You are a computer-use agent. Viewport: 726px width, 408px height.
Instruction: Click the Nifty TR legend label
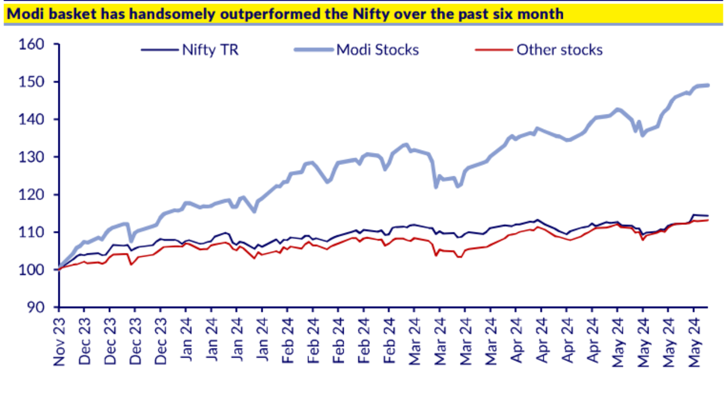(210, 50)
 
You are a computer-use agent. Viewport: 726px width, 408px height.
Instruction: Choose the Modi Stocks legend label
(377, 50)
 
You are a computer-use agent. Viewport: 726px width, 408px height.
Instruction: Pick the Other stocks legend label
(559, 50)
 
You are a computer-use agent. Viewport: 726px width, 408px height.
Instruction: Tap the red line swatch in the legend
(492, 50)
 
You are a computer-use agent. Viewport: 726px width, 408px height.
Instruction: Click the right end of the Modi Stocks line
(708, 85)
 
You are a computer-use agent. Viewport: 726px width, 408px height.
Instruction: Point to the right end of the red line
(708, 220)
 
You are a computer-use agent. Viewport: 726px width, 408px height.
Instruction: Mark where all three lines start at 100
(58, 269)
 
